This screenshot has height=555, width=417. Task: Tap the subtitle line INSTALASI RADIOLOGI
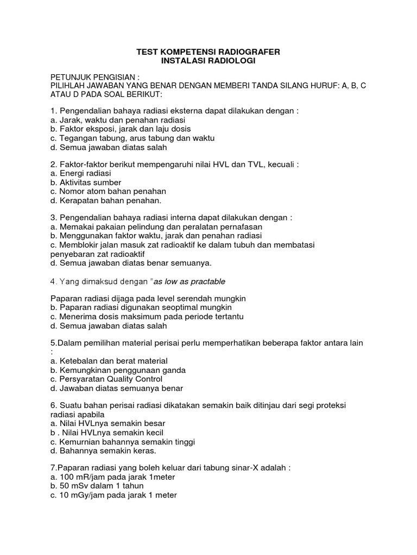[x=208, y=61]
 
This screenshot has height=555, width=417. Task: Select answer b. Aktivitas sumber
[x=86, y=182]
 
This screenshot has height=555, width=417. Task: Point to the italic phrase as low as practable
[x=189, y=281]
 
